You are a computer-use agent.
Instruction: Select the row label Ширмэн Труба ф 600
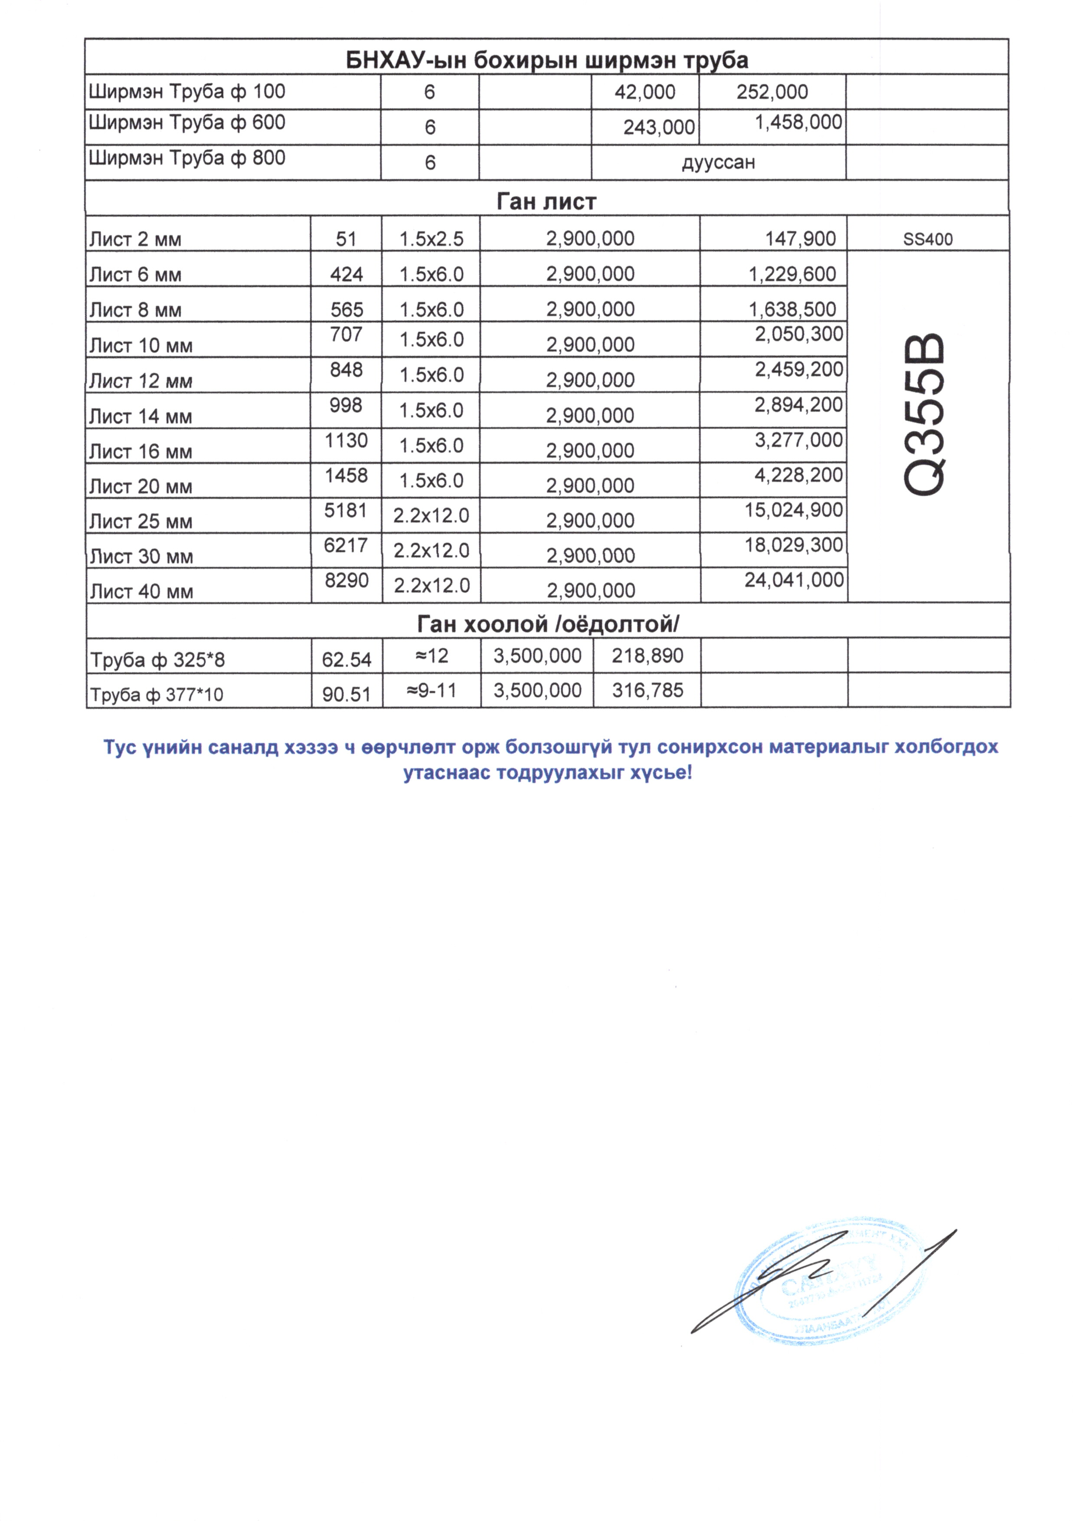pos(187,123)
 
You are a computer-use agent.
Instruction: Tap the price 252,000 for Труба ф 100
pos(772,92)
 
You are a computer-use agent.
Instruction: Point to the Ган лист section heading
pos(546,201)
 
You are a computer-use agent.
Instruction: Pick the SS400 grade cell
pos(928,239)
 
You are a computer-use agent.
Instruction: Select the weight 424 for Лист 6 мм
pos(347,274)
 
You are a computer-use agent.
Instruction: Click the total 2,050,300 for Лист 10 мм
pos(799,334)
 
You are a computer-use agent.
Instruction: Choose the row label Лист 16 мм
pos(141,452)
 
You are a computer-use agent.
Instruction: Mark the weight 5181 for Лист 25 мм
pos(346,510)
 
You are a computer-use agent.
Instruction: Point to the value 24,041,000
pos(794,580)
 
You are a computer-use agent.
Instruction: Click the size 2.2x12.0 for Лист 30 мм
pos(432,551)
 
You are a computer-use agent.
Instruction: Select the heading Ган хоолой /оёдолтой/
pos(548,624)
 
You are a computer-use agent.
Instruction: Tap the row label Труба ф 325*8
pos(158,660)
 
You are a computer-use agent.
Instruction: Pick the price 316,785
pos(648,691)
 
